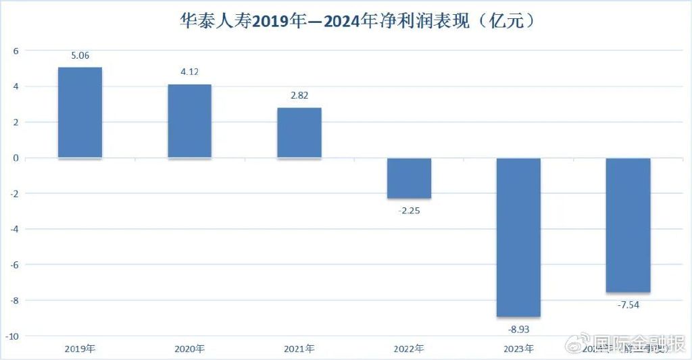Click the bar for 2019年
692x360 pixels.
point(80,113)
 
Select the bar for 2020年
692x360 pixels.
point(189,122)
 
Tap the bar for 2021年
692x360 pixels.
point(299,133)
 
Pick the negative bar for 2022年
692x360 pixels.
point(409,178)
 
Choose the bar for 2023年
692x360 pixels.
point(518,237)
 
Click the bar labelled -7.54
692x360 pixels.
point(628,225)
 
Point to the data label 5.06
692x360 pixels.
point(80,56)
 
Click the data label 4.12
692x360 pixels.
point(189,72)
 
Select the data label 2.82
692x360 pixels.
point(299,96)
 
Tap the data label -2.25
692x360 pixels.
point(409,210)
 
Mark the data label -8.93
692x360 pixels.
point(518,329)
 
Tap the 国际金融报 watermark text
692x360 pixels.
point(638,342)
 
